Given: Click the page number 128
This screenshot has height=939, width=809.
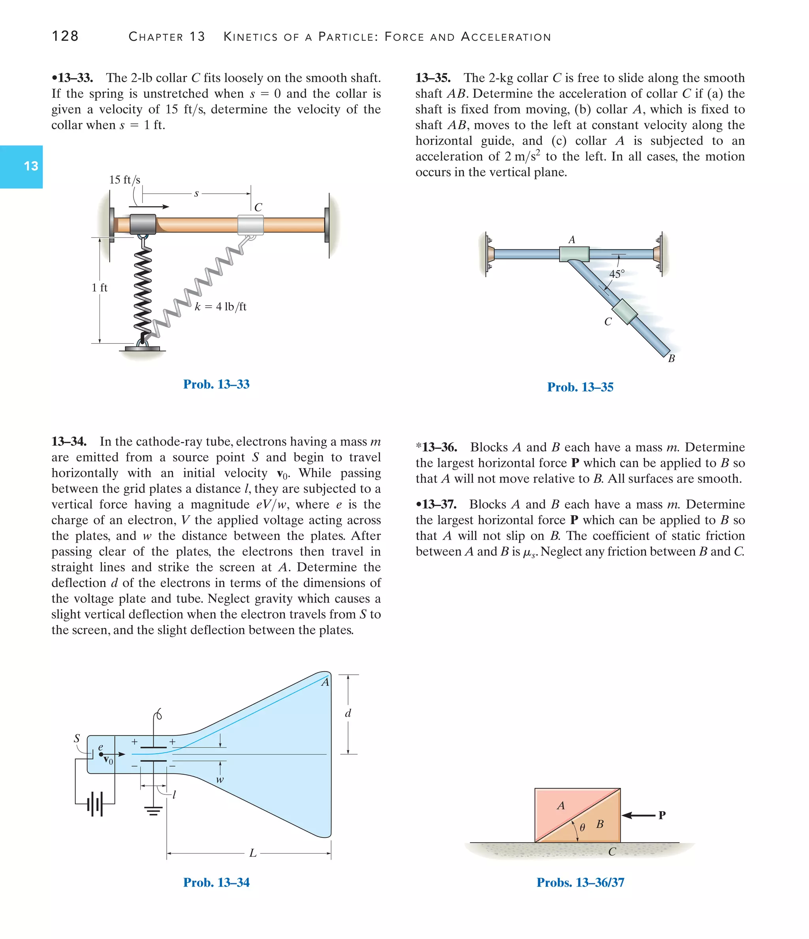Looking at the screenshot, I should [x=65, y=36].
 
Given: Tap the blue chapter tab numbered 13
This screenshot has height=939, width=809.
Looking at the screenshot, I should [x=21, y=166].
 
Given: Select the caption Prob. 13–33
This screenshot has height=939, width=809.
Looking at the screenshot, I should [x=216, y=384].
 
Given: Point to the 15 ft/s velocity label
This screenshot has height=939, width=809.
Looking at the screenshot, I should [x=125, y=180].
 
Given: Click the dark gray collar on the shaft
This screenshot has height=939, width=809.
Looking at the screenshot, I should [x=143, y=224].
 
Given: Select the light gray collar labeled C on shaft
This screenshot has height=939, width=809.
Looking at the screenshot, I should [x=250, y=224].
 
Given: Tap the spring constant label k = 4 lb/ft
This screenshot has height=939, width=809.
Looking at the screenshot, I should [x=221, y=307].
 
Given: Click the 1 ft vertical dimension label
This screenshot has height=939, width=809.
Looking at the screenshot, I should [x=99, y=288].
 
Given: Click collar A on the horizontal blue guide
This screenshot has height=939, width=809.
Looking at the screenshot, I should [x=574, y=254].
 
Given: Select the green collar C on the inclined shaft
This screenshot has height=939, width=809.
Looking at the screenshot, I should [x=625, y=312].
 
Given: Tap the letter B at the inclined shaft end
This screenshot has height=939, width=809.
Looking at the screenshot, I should [x=671, y=358].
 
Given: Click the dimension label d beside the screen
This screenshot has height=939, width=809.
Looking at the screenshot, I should [x=348, y=713].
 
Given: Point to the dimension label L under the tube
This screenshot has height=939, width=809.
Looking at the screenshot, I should [x=253, y=853].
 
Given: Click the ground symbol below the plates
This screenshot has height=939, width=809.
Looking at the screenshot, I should [x=154, y=811].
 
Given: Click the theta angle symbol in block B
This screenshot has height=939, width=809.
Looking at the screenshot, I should [x=582, y=827].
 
